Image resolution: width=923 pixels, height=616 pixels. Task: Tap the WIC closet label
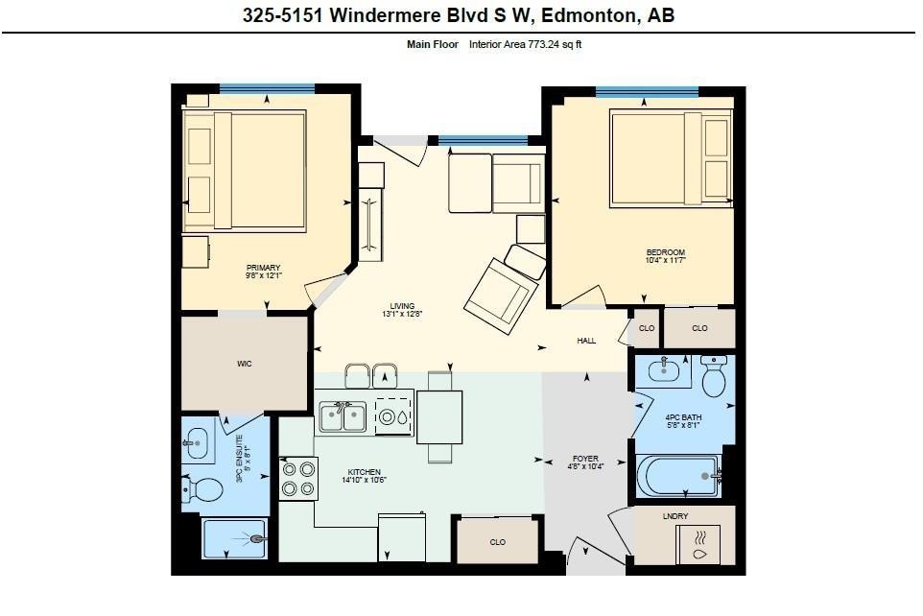[245, 364]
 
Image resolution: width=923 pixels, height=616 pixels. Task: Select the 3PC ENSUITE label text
[242, 460]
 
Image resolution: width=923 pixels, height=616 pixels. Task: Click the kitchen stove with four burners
[298, 479]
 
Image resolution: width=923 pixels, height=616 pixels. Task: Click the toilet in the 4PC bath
[713, 378]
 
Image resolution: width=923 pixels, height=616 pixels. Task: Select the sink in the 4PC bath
[664, 370]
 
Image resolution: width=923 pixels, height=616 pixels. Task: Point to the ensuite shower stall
[233, 539]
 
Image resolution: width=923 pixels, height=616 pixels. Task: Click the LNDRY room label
[675, 516]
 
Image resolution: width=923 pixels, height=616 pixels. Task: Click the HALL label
[586, 341]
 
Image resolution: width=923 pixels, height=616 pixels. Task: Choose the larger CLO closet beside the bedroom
[699, 328]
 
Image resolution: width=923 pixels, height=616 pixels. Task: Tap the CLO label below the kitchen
[497, 542]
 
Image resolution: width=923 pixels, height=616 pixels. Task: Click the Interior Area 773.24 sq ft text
[525, 45]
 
